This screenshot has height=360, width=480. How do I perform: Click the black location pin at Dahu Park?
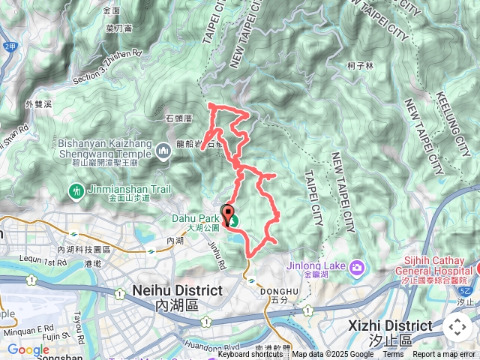(x=226, y=212)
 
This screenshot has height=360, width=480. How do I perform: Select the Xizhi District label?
(x=391, y=325)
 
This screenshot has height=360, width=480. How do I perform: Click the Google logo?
(x=28, y=349)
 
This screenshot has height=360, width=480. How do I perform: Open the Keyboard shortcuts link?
(x=250, y=355)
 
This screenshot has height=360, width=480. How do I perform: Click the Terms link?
(x=393, y=355)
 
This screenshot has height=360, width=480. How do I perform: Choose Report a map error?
(x=445, y=355)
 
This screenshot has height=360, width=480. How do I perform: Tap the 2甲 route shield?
(x=9, y=46)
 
